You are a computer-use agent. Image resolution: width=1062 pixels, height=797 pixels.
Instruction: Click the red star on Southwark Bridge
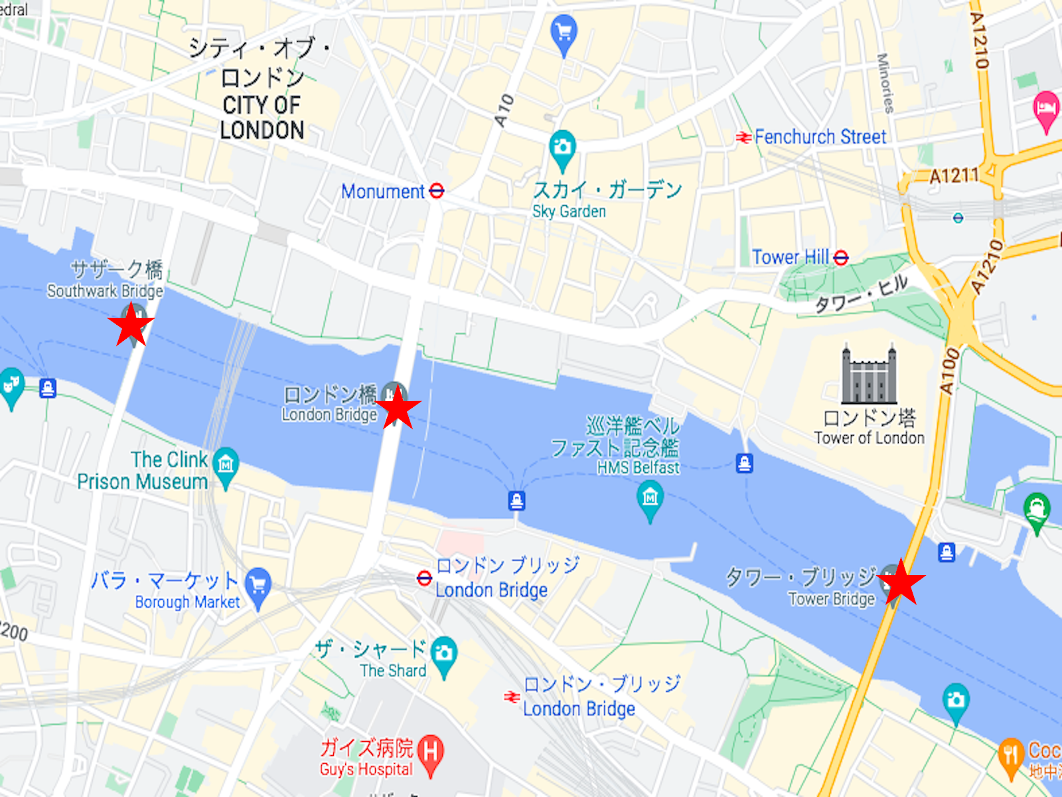pos(131,324)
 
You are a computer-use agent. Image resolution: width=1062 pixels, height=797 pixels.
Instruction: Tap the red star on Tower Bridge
pos(901,582)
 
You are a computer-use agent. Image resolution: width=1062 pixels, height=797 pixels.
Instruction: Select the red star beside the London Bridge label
pos(398,407)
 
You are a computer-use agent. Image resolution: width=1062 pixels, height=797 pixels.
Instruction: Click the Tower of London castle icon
pos(869,375)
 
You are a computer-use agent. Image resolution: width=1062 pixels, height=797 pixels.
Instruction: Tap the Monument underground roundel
pos(436,191)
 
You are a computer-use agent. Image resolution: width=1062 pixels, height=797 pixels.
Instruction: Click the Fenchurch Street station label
pos(820,137)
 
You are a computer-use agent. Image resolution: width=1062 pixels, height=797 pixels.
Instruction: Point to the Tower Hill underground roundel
pos(841,257)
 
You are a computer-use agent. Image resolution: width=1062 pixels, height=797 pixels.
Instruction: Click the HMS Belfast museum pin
pos(650,497)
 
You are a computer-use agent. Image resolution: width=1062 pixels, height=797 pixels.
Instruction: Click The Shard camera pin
pos(443,654)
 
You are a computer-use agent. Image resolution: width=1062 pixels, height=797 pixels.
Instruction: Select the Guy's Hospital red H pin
pos(430,753)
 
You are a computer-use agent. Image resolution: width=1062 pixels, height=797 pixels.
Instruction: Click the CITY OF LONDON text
pos(262,118)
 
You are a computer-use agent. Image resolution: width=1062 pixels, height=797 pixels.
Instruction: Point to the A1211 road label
pos(954,175)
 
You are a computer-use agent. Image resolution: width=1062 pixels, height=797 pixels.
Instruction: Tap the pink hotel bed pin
pos(1046,108)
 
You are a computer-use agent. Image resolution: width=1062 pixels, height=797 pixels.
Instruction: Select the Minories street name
pos(885,83)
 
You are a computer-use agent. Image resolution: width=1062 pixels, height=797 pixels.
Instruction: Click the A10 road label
pos(504,110)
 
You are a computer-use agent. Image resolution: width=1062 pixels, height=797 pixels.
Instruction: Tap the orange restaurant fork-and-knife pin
pos(1011,755)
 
